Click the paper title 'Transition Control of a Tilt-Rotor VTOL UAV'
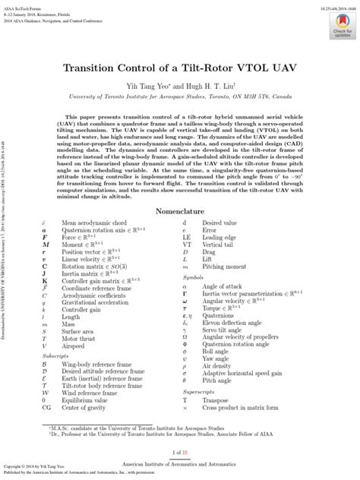click(x=181, y=66)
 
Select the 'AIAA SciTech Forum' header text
click(x=22, y=4)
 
